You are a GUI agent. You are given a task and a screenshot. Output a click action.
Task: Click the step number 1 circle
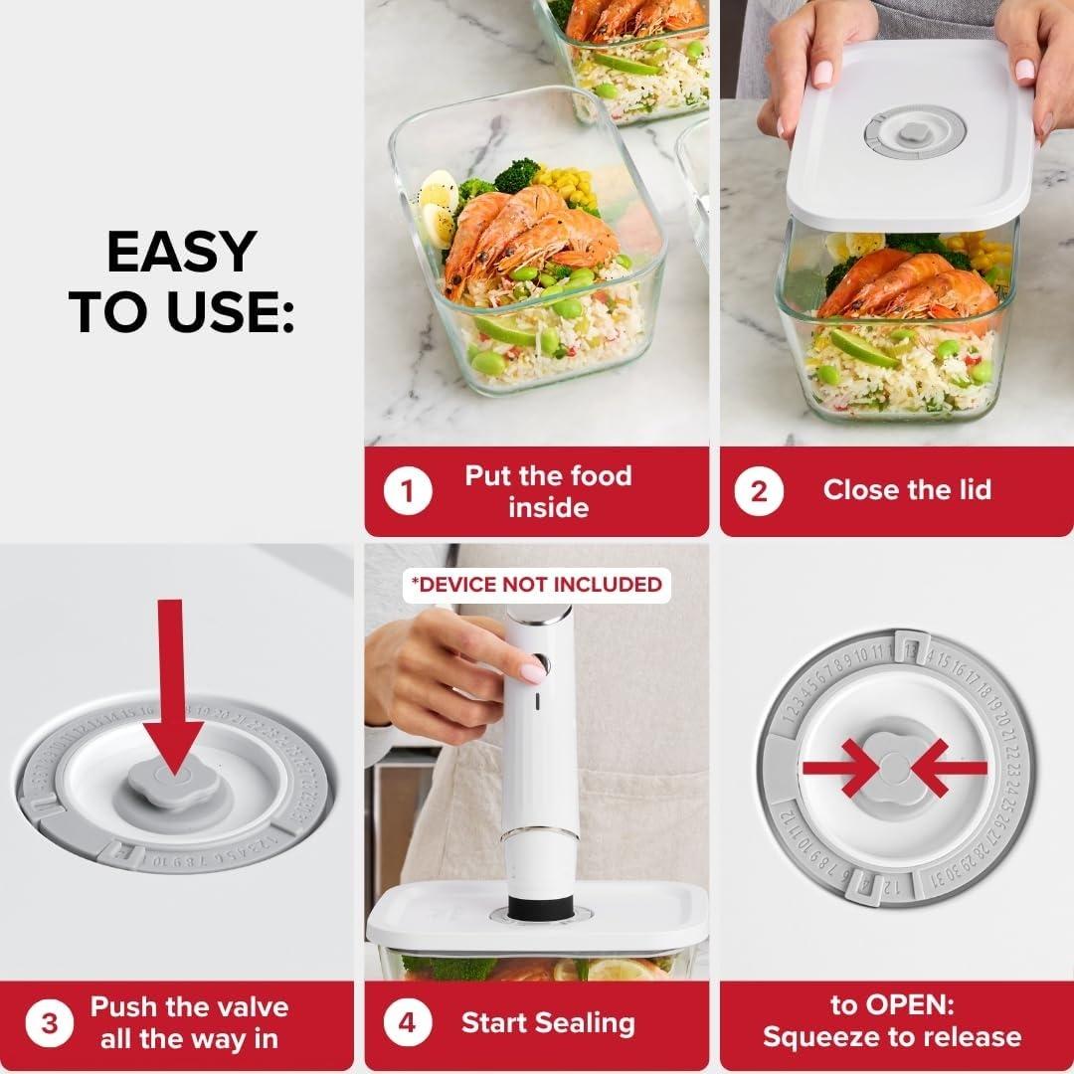click(x=407, y=491)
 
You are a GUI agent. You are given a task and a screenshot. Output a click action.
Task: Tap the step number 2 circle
click(x=760, y=491)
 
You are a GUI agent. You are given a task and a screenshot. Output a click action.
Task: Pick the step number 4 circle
click(x=407, y=1023)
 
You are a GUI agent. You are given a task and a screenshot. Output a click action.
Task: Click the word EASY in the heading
click(x=182, y=253)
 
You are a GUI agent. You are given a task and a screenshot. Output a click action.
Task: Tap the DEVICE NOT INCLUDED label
click(x=537, y=585)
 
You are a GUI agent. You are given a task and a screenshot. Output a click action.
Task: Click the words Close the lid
click(x=907, y=489)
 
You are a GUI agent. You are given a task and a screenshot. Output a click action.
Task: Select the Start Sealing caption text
click(x=548, y=1022)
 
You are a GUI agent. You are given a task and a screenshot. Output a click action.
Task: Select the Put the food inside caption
click(x=548, y=490)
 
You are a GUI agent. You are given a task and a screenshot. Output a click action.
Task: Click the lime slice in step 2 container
click(x=861, y=348)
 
